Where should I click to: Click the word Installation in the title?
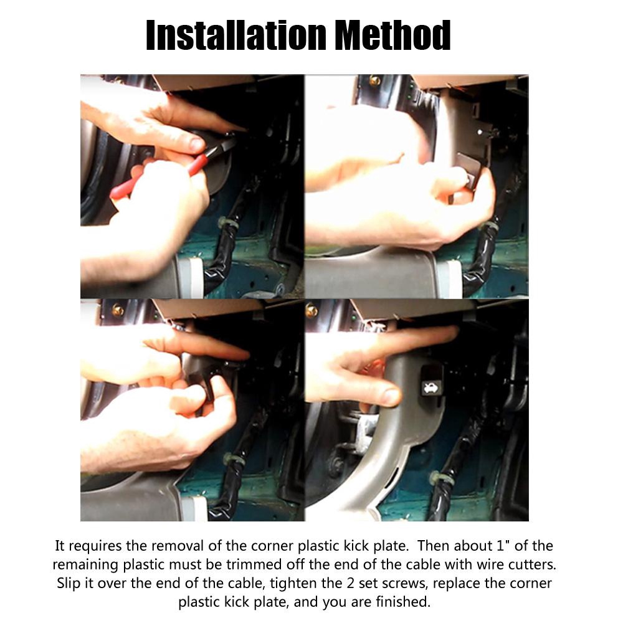click(x=236, y=35)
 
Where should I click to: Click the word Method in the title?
click(x=393, y=35)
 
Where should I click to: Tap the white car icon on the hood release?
click(x=430, y=387)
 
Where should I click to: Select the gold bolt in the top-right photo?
click(x=374, y=80)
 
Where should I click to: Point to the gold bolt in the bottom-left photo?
click(x=118, y=310)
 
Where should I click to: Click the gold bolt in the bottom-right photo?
click(x=311, y=310)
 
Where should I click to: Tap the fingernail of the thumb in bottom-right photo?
click(x=392, y=396)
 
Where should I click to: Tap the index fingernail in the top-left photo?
click(x=198, y=144)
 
